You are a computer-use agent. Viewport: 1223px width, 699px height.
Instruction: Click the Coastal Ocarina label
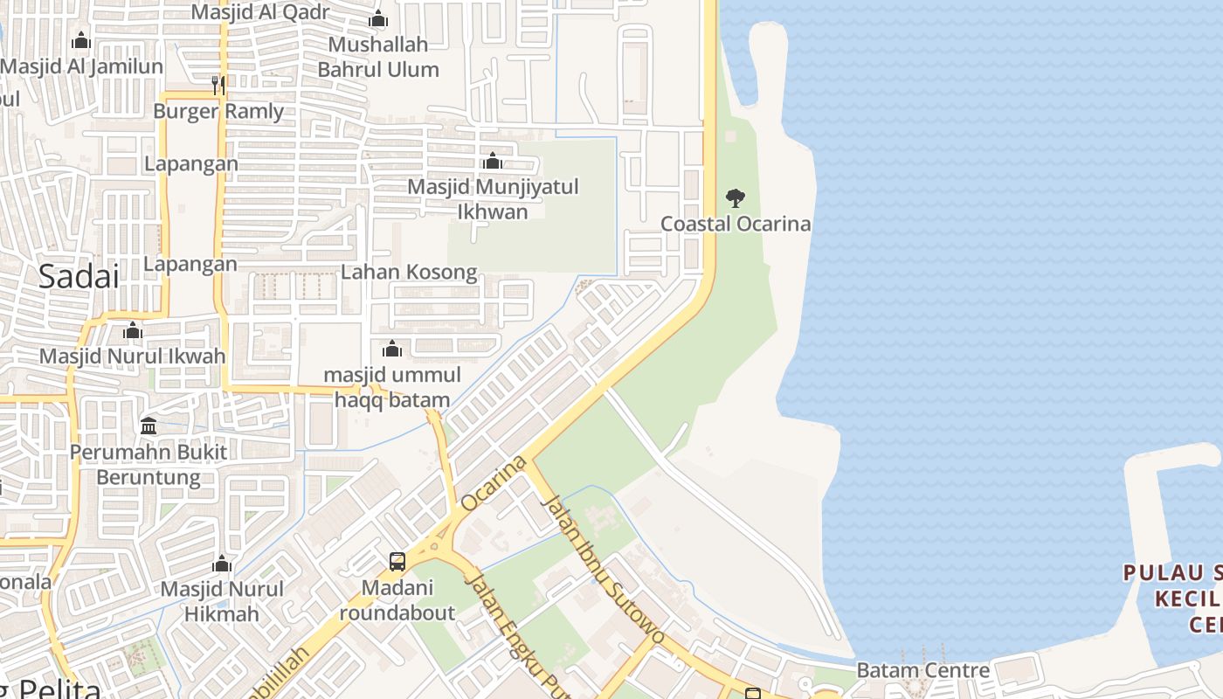coord(735,224)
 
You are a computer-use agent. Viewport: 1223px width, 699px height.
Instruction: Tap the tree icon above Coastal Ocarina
coord(736,198)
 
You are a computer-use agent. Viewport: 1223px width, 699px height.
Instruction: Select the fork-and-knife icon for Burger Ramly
coord(218,85)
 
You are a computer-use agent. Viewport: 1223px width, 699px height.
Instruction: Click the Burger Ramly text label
coord(218,111)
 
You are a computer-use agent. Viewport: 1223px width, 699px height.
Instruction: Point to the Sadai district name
coord(78,276)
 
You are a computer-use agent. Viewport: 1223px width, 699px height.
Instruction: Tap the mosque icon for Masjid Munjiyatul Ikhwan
coord(493,161)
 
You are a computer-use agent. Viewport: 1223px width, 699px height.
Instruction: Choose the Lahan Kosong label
coord(409,272)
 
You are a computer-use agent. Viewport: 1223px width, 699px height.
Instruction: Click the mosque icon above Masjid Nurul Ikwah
coord(133,331)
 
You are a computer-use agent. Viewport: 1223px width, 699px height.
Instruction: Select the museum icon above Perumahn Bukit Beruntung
coord(149,426)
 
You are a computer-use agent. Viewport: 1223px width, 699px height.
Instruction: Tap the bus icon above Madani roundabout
coord(397,562)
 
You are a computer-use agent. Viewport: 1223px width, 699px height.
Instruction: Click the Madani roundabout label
coord(397,599)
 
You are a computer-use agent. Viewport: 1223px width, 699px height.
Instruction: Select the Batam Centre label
coord(922,670)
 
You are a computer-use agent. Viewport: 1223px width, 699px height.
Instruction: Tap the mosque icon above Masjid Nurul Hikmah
coord(222,564)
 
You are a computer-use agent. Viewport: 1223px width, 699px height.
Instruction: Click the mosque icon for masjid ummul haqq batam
coord(392,349)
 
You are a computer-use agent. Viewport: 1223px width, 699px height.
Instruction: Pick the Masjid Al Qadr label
coord(260,12)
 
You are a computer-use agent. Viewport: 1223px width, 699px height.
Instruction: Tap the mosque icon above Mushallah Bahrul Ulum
coord(378,19)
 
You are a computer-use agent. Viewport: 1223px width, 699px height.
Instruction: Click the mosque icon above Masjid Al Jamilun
coord(81,40)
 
